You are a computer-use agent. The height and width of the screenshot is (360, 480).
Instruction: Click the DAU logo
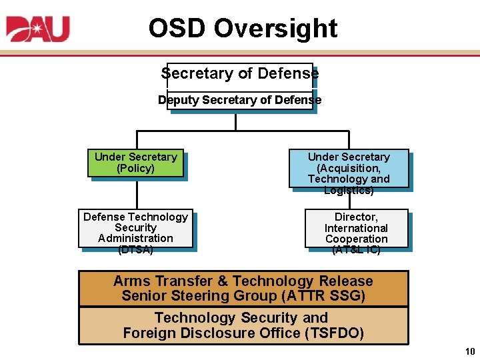[x=38, y=29]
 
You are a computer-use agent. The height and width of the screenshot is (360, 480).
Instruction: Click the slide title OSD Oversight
[x=243, y=29]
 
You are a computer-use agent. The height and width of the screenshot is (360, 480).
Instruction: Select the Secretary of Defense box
[x=239, y=73]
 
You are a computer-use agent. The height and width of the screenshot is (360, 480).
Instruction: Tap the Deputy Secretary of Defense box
[x=239, y=100]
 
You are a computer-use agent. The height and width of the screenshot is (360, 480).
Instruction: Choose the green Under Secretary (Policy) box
[x=135, y=163]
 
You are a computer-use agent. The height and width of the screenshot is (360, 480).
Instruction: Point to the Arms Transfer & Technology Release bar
[x=243, y=288]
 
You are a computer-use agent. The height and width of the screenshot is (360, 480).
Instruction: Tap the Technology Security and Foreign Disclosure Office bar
[x=243, y=325]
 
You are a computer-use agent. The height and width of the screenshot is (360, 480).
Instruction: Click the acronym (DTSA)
[x=135, y=250]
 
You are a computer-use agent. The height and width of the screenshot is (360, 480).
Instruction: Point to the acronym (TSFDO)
[x=333, y=333]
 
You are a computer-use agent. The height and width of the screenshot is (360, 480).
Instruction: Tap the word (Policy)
[x=135, y=169]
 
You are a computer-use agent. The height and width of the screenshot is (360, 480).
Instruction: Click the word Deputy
[x=178, y=100]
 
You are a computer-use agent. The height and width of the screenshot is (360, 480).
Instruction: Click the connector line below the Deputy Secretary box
[x=235, y=122]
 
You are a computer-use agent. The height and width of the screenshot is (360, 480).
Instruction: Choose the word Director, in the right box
[x=356, y=217]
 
